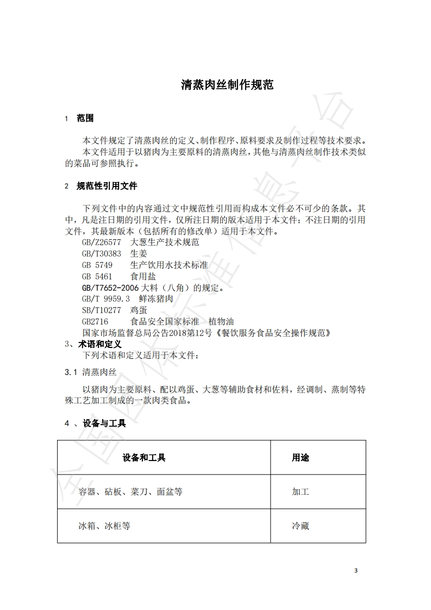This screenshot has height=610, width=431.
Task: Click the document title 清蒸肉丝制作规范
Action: click(227, 85)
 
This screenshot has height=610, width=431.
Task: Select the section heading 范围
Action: click(85, 119)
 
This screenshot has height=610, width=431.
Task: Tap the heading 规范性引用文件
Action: click(107, 186)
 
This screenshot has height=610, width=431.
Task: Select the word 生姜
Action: click(139, 253)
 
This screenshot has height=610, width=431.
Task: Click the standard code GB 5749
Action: click(97, 265)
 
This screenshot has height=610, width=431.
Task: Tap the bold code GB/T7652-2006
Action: click(110, 288)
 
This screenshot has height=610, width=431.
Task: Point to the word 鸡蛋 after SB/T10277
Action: click(139, 310)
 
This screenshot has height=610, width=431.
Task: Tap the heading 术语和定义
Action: click(99, 344)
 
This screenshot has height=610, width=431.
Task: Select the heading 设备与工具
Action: click(104, 423)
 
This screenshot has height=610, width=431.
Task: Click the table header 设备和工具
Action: click(144, 458)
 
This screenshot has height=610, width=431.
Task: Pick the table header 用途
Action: click(301, 458)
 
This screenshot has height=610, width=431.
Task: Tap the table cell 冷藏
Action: click(301, 526)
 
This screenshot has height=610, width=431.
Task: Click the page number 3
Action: click(356, 571)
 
